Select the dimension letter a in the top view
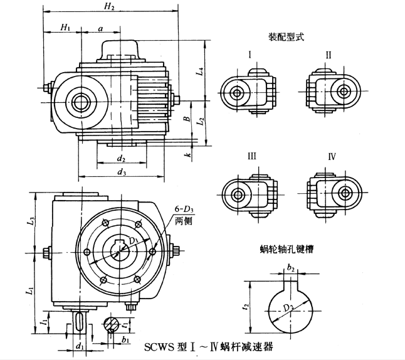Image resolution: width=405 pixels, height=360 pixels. click(101, 27)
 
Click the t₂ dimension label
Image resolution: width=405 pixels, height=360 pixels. click(246, 307)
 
